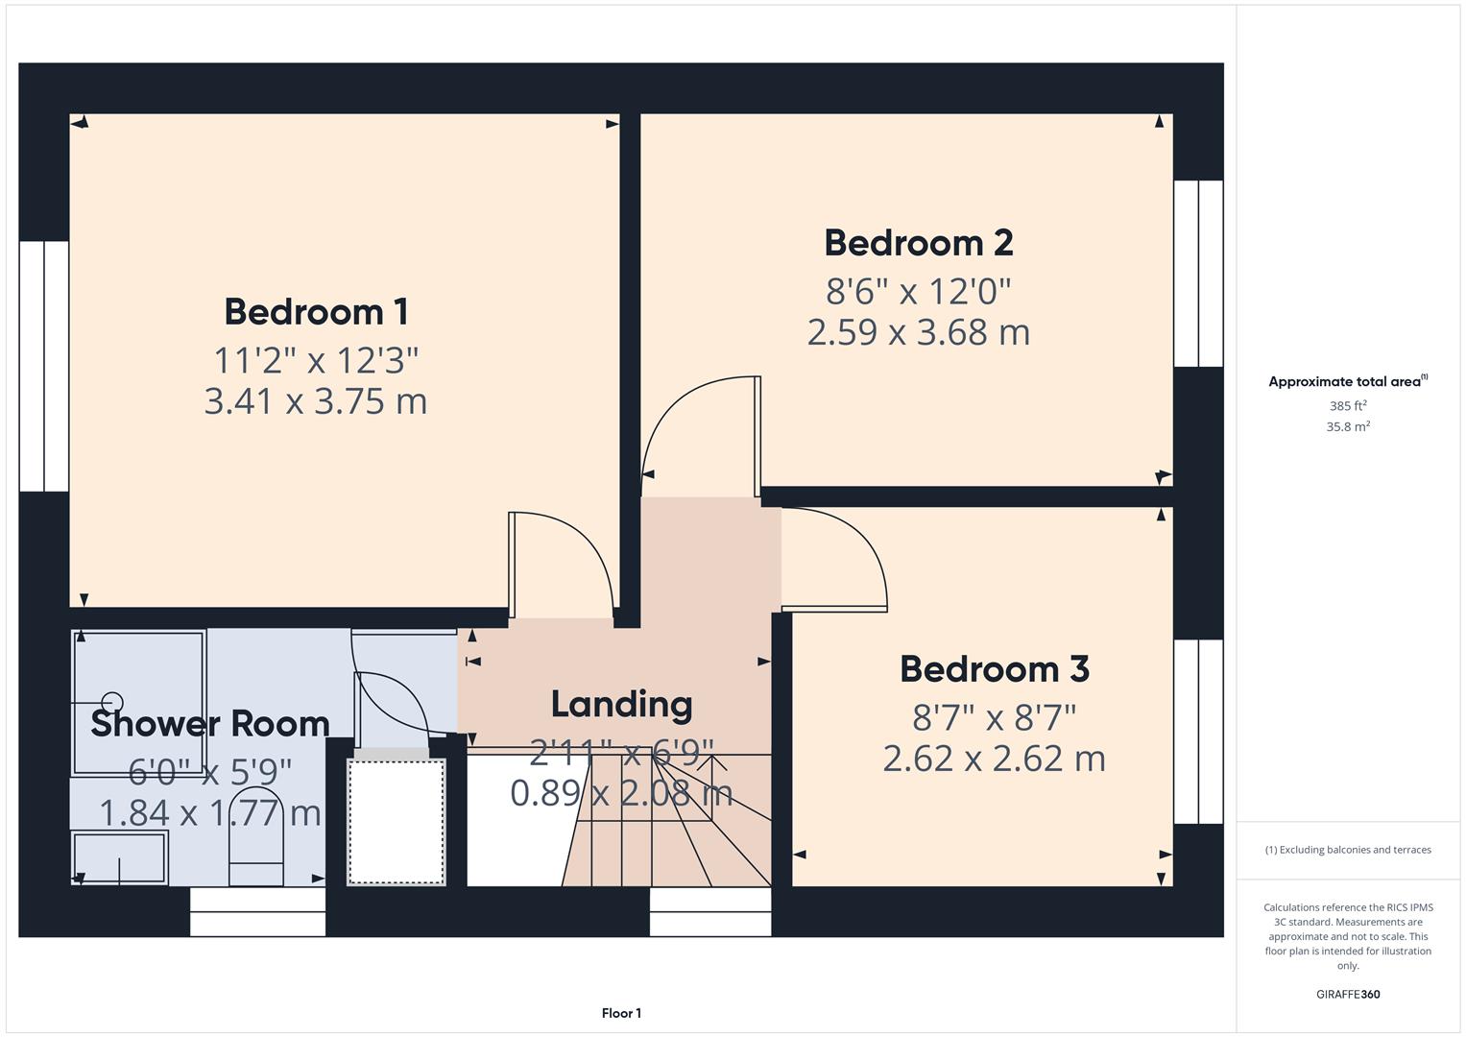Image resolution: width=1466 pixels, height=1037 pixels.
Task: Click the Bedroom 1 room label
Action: [x=316, y=312]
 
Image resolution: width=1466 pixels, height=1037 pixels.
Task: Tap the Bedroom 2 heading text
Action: [x=918, y=243]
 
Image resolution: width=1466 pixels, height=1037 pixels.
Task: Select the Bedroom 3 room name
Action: [x=994, y=669]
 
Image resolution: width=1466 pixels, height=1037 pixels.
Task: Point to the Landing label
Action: [x=621, y=705]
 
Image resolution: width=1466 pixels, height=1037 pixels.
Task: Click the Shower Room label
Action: [x=210, y=724]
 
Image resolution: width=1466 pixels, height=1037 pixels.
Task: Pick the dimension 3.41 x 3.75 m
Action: [x=316, y=401]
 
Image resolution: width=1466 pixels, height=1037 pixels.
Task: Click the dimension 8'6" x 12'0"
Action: [x=918, y=290]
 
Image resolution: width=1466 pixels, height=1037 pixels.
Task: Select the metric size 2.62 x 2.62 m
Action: [x=994, y=759]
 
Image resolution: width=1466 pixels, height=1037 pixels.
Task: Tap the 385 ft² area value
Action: [x=1347, y=406]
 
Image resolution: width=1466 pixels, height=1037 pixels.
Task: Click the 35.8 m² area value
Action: [x=1347, y=426]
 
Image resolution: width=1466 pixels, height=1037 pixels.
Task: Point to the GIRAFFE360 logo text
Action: [x=1347, y=995]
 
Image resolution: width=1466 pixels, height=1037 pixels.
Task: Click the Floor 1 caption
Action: [x=621, y=1013]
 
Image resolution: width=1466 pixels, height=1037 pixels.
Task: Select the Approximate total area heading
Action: [x=1347, y=381]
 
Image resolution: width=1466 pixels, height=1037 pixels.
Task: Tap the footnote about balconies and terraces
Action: [x=1347, y=850]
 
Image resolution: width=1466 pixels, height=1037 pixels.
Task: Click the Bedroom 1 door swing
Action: [x=566, y=567]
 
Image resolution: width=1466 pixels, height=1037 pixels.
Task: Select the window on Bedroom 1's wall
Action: [x=44, y=366]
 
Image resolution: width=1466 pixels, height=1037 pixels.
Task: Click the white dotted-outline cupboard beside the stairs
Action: [x=397, y=820]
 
